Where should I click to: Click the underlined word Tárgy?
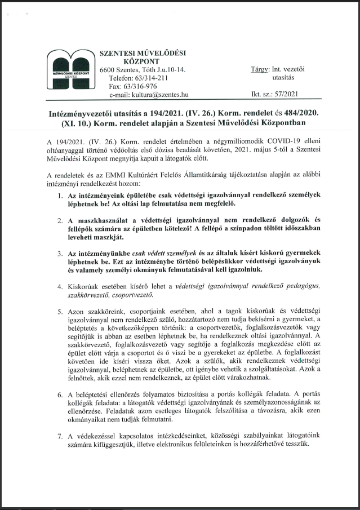pos(260,69)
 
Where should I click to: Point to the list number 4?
pos(61,286)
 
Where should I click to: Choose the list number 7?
pos(61,436)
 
